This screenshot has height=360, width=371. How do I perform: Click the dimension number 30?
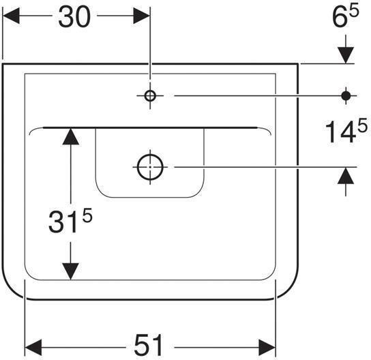[x=74, y=18]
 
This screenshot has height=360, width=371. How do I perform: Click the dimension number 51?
[x=149, y=342]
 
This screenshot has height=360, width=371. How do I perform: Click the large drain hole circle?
[x=149, y=166]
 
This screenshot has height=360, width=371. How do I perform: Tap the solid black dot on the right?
[x=346, y=96]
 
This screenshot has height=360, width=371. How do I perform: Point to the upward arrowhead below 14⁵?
[x=346, y=177]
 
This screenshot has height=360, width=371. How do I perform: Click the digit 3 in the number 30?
[x=65, y=18]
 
